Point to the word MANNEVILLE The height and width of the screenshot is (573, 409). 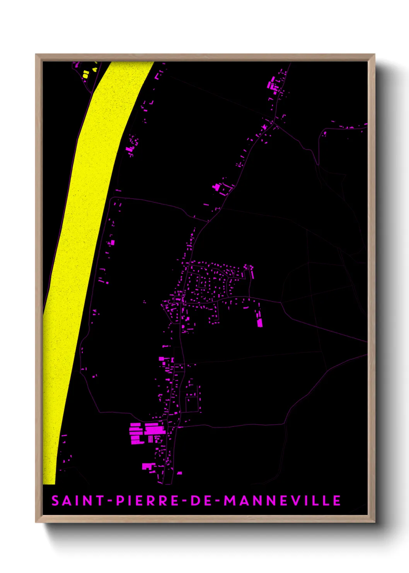282,501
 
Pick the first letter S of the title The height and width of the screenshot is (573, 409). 55,501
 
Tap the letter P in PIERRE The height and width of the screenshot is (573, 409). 120,501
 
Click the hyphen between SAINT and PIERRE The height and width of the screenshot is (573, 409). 110,501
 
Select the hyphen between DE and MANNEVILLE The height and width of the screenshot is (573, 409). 218,501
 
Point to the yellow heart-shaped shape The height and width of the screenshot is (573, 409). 95,70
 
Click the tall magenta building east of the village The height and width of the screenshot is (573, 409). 260,323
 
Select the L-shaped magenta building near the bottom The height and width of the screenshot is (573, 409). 148,466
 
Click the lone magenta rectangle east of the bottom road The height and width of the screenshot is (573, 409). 179,473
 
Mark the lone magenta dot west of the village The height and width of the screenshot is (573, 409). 145,302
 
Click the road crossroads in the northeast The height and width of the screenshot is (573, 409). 273,123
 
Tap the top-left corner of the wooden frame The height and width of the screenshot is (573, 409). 36,55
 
